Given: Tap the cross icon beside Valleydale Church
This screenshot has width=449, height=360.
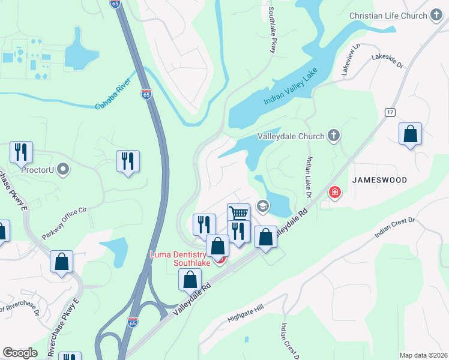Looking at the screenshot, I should coord(334,136).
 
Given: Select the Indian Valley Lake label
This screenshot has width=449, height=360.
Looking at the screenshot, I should coord(290,88).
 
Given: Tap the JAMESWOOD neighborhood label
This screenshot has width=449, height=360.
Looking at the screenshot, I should coord(379,180).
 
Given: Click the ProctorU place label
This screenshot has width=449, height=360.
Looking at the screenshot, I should coord(38,170).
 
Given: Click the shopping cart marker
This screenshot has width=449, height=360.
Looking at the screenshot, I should coord(238,214).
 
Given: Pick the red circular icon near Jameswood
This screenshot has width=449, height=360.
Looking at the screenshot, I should coord(334,193).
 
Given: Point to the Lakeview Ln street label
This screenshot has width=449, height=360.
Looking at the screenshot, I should coord(351,59).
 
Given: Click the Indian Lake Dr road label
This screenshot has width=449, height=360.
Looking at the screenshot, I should coord(309,178).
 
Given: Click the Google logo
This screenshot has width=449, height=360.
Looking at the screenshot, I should coord(20,353).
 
